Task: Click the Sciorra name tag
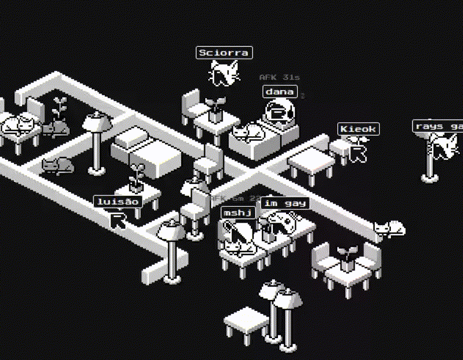tap(224, 53)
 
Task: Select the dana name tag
tap(280, 92)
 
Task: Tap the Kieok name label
tap(358, 129)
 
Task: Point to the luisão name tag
tap(118, 202)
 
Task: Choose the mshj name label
tap(238, 213)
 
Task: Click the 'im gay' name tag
tap(284, 203)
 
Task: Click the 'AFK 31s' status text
tap(279, 77)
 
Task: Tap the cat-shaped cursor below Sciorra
tap(224, 74)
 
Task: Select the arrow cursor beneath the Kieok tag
tap(359, 153)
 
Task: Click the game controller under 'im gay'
tap(282, 222)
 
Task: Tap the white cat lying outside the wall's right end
tap(390, 229)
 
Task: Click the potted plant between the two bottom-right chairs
tap(347, 258)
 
